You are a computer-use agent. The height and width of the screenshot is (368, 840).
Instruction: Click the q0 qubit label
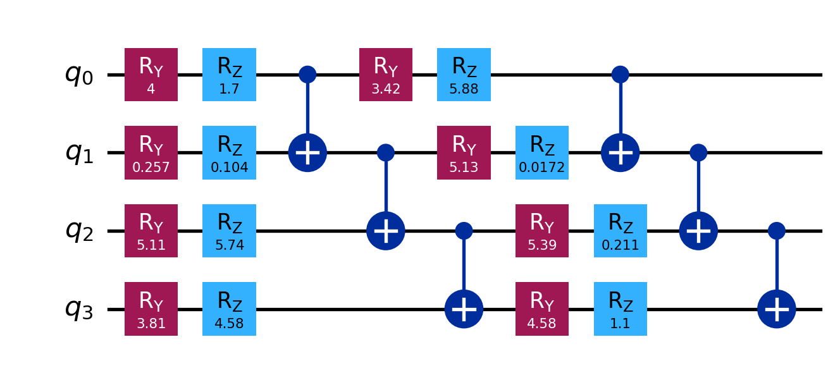pyautogui.click(x=78, y=75)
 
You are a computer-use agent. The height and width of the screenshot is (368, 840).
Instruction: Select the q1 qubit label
pyautogui.click(x=78, y=153)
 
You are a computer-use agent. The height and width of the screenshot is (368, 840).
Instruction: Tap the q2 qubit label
pyautogui.click(x=78, y=231)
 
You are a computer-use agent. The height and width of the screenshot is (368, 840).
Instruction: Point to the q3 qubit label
pyautogui.click(x=78, y=309)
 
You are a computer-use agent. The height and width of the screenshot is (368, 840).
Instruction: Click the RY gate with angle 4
pyautogui.click(x=151, y=75)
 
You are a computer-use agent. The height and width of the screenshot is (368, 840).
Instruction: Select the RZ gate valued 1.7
pyautogui.click(x=229, y=75)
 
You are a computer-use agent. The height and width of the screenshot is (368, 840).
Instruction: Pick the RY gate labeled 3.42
pyautogui.click(x=386, y=75)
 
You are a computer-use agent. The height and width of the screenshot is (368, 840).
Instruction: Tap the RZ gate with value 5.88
pyautogui.click(x=464, y=75)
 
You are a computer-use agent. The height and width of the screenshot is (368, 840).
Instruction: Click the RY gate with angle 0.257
pyautogui.click(x=151, y=152)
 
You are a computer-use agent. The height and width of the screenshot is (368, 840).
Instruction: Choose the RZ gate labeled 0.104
pyautogui.click(x=229, y=152)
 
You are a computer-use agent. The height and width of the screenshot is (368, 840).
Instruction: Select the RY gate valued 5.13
pyautogui.click(x=464, y=152)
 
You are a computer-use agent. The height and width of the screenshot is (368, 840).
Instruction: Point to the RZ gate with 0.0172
pyautogui.click(x=542, y=152)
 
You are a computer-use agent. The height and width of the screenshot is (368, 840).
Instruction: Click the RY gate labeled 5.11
pyautogui.click(x=151, y=231)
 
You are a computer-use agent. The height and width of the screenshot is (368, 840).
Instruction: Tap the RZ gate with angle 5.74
pyautogui.click(x=229, y=231)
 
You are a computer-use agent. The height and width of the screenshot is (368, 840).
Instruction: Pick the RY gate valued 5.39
pyautogui.click(x=542, y=231)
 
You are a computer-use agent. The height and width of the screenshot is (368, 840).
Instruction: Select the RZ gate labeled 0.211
pyautogui.click(x=621, y=231)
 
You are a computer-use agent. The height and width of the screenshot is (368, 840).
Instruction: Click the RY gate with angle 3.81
pyautogui.click(x=151, y=309)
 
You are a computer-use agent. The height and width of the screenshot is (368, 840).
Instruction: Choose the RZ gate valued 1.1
pyautogui.click(x=621, y=309)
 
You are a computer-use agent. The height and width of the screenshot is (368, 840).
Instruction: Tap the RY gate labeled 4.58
pyautogui.click(x=542, y=309)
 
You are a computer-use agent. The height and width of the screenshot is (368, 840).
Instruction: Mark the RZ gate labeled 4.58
pyautogui.click(x=229, y=309)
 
